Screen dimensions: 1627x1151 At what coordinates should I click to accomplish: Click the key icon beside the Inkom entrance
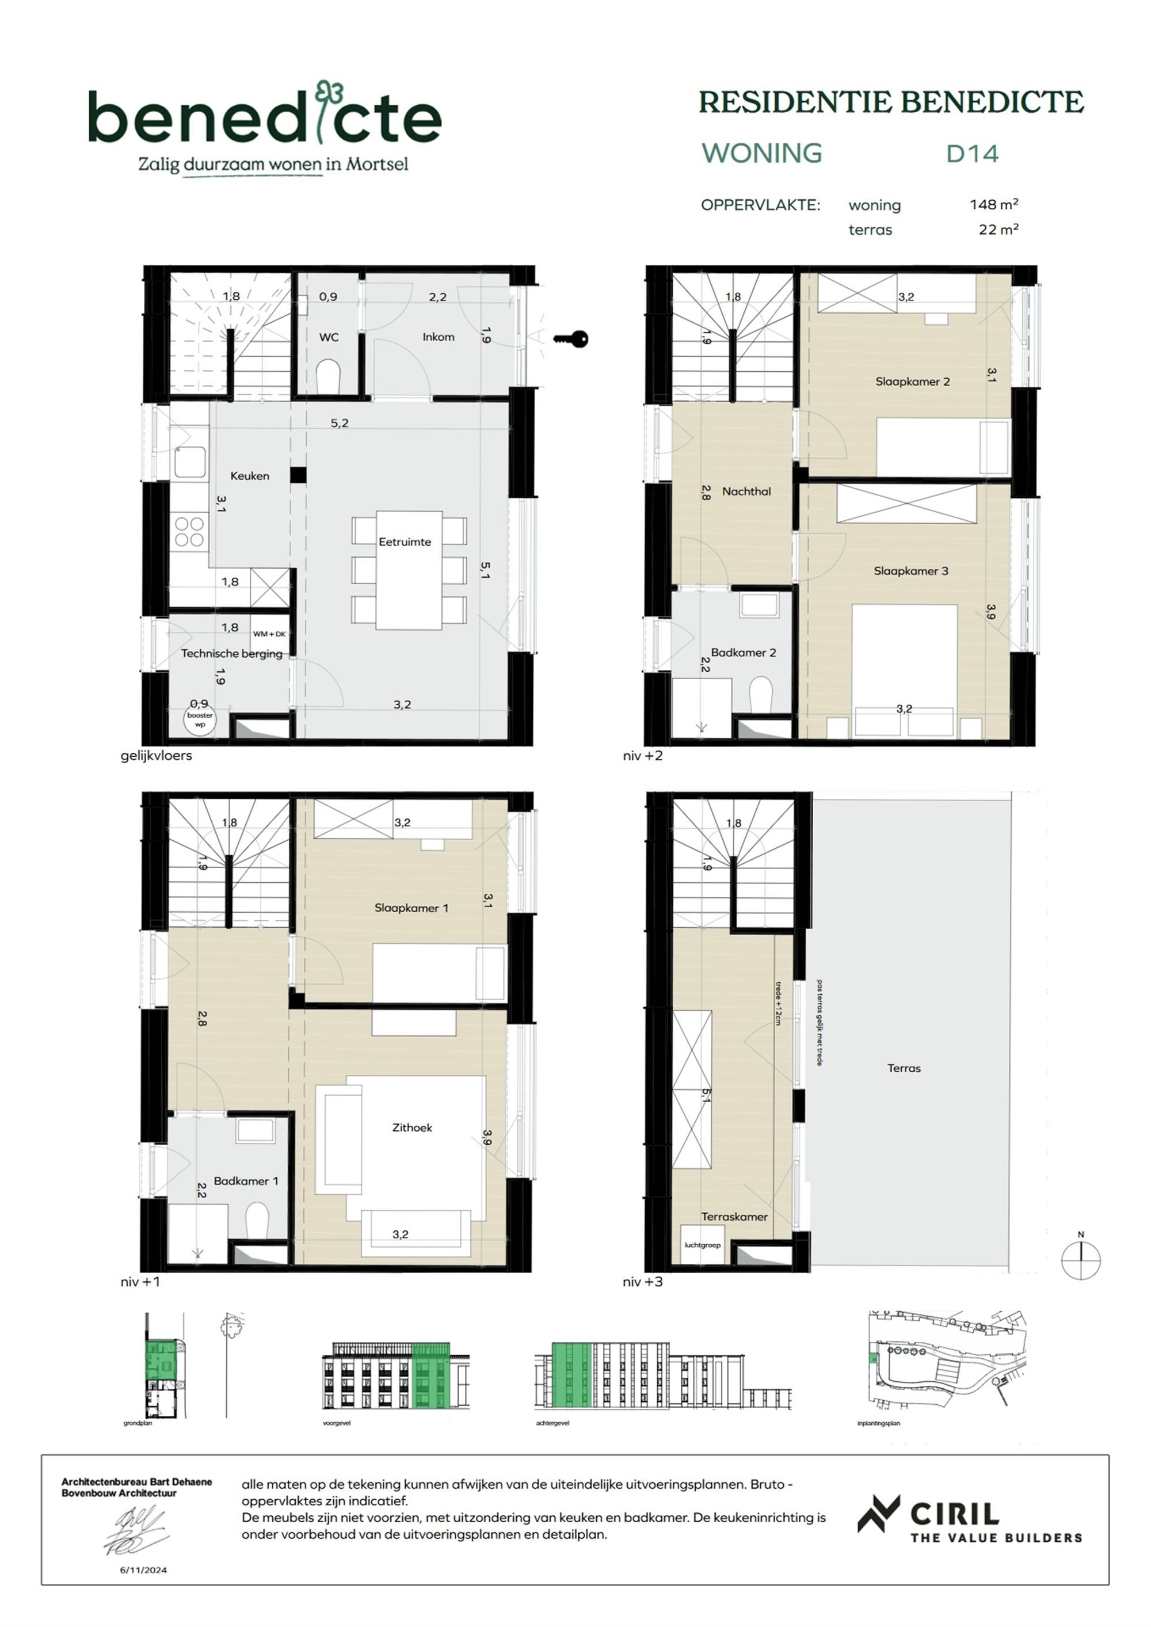(x=571, y=340)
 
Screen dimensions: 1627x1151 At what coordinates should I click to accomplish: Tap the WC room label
(x=328, y=337)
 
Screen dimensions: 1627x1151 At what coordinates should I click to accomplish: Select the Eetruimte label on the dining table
(x=404, y=542)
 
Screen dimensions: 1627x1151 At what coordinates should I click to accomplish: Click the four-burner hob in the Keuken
(x=189, y=531)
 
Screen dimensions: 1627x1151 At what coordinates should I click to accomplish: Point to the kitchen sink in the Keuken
(x=190, y=462)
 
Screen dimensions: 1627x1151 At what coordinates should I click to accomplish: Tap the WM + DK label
(x=269, y=634)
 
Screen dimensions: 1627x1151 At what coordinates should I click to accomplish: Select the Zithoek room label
(x=412, y=1127)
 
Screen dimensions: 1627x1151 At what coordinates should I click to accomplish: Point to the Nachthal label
(x=746, y=491)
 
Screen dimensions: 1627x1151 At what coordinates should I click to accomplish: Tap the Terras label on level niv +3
(x=904, y=1068)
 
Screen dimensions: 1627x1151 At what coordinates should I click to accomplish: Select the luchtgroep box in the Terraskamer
(x=702, y=1245)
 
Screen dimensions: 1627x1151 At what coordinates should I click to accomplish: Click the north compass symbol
(x=1080, y=1260)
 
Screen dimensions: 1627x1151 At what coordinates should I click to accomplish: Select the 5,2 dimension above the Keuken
(x=339, y=423)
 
